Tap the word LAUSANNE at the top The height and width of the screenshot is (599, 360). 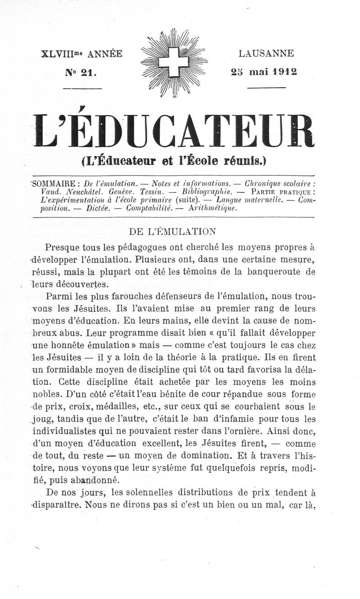[x=266, y=54]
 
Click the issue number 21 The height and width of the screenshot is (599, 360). [x=88, y=72]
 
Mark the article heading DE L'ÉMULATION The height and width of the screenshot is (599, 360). [x=173, y=232]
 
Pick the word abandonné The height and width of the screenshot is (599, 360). [x=94, y=480]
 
